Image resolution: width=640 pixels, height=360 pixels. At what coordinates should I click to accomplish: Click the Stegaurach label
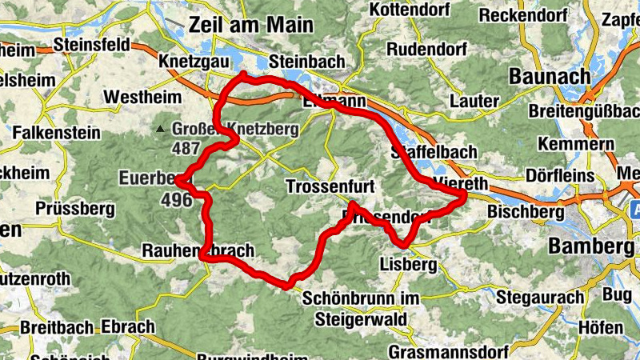(540, 298)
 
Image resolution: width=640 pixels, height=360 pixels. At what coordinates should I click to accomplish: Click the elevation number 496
(176, 199)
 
